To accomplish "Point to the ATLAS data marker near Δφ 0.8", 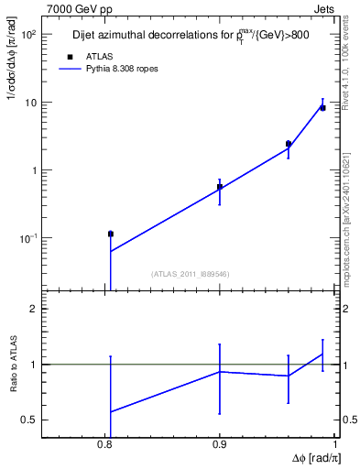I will tap(111, 234).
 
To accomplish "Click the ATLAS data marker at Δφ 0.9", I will tap(220, 187).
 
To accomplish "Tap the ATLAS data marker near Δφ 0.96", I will tap(289, 144).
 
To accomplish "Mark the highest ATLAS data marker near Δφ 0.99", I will tap(322, 108).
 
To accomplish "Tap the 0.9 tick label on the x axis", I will tap(220, 445).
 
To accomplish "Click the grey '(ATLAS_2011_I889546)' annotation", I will tap(190, 274).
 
